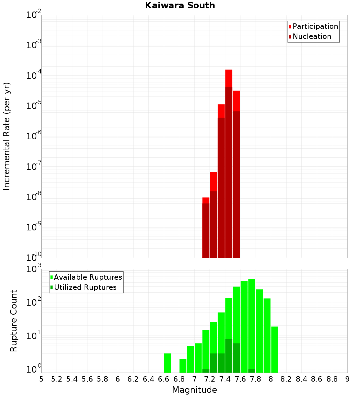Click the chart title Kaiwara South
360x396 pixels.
[x=180, y=5]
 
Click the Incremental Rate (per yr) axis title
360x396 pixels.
[x=6, y=136]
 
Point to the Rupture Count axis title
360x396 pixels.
[x=14, y=321]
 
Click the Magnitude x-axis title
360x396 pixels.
[x=194, y=390]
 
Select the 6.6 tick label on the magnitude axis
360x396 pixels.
[x=164, y=379]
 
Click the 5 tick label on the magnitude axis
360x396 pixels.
[x=41, y=379]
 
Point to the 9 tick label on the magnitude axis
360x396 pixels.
[x=347, y=379]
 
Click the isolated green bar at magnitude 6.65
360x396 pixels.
[x=168, y=363]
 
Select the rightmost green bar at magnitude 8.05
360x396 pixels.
[x=275, y=349]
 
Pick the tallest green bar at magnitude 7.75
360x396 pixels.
[x=252, y=324]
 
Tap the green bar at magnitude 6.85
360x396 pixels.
[x=183, y=366]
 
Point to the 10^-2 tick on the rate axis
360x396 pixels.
[x=34, y=15]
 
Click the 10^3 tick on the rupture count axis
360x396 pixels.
[x=35, y=269]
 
